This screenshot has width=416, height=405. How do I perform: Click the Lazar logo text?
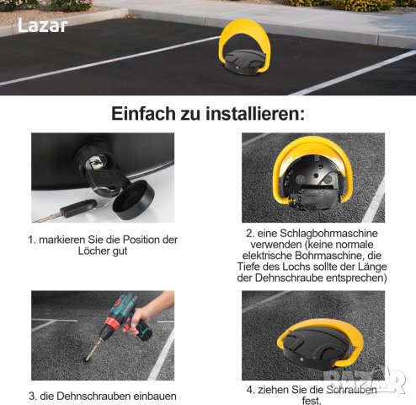click(x=43, y=25)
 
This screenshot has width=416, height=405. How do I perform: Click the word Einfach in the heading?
click(x=143, y=114)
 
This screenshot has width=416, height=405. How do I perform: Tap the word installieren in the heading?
click(x=255, y=114)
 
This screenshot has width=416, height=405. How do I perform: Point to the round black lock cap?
click(x=133, y=200)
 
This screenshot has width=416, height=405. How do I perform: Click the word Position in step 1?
click(x=141, y=240)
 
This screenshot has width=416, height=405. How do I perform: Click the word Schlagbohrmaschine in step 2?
click(x=328, y=234)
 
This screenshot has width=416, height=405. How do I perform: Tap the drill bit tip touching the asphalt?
click(x=86, y=360)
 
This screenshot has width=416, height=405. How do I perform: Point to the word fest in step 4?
click(x=311, y=401)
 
